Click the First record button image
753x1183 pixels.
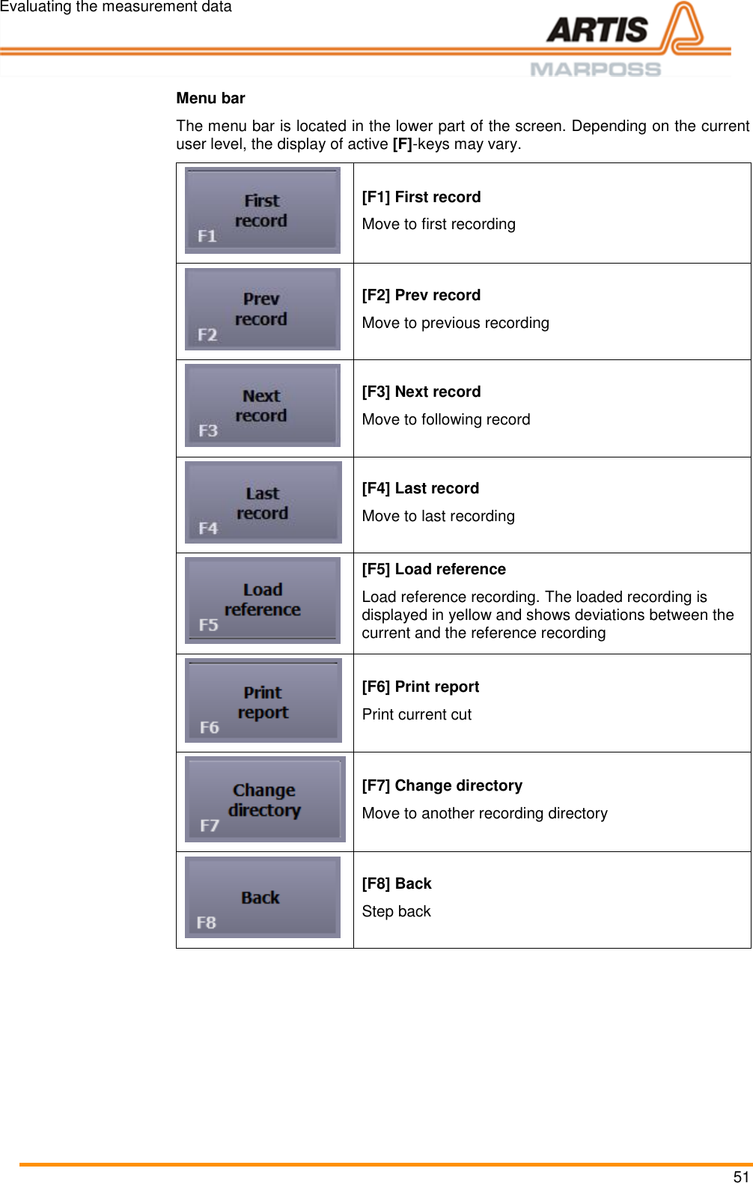click(263, 210)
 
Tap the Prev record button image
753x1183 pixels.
click(263, 309)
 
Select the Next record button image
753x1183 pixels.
click(263, 405)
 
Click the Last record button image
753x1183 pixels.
click(263, 502)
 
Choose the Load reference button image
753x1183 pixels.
click(263, 600)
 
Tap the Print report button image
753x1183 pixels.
click(263, 701)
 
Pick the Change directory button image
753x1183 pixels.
click(265, 800)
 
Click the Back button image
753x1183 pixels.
click(263, 898)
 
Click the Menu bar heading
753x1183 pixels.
click(210, 98)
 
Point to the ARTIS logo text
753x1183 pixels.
click(597, 30)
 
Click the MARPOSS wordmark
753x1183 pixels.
click(596, 70)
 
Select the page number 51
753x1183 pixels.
click(741, 1176)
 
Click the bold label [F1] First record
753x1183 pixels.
click(421, 197)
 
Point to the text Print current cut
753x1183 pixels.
click(417, 714)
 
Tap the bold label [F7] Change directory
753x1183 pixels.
click(442, 785)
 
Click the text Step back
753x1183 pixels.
click(397, 911)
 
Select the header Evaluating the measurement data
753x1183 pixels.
click(116, 7)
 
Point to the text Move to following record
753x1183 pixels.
click(446, 419)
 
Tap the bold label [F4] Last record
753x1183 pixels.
click(421, 488)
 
